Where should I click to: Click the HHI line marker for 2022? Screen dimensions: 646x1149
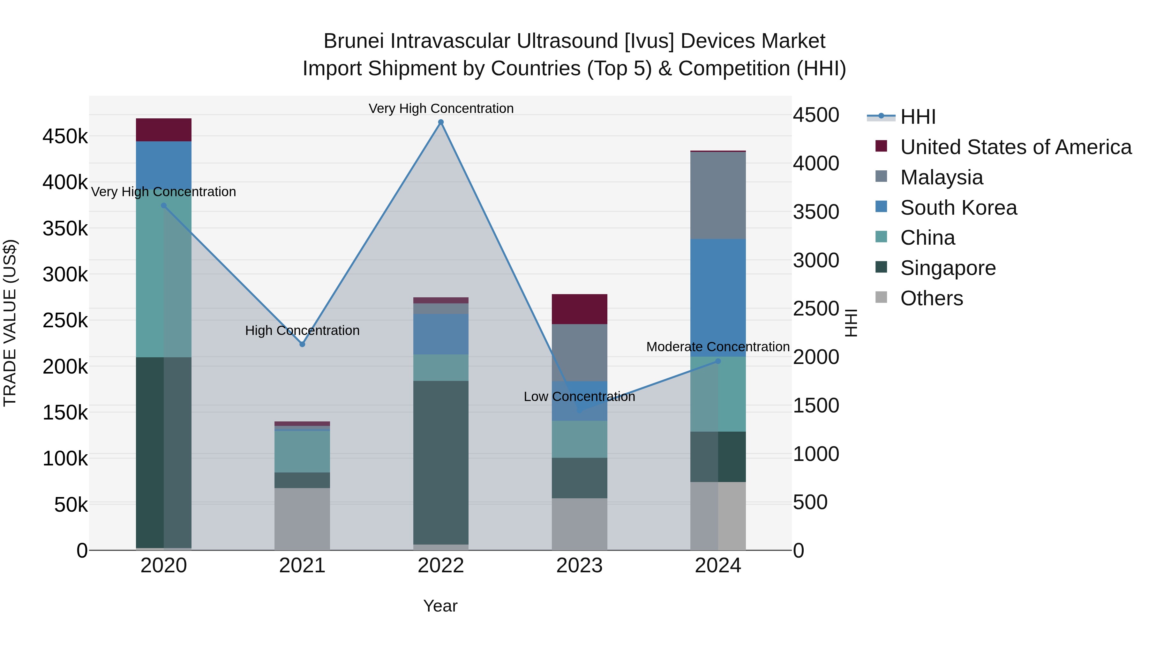(441, 122)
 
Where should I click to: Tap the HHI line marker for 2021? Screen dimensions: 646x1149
(302, 344)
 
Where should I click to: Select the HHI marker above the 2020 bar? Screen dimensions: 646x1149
(164, 205)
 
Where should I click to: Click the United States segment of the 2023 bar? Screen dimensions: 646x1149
(579, 309)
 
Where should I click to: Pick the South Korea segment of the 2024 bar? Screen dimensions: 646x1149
(718, 297)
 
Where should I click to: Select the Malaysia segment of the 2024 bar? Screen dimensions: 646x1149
(718, 195)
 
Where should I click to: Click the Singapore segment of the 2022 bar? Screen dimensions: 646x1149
(441, 462)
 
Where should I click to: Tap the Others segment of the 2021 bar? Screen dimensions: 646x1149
(302, 518)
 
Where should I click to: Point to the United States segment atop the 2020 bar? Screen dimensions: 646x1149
(164, 130)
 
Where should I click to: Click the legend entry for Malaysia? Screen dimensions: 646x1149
(941, 177)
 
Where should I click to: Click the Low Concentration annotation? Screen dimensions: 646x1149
(579, 396)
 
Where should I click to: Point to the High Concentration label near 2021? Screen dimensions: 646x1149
(302, 330)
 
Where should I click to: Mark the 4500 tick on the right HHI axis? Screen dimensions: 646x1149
(815, 115)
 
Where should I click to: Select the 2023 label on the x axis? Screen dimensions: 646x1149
(579, 566)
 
